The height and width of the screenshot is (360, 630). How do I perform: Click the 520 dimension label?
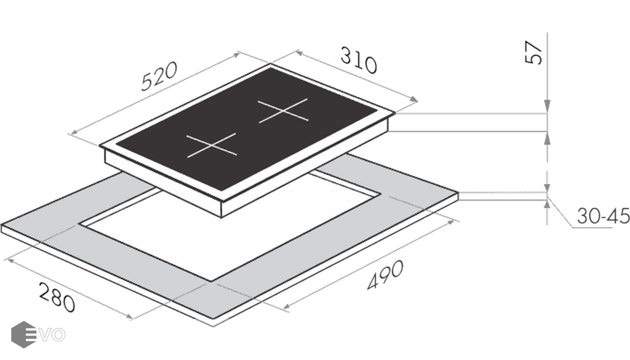159,76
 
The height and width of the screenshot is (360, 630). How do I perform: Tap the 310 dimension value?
359,60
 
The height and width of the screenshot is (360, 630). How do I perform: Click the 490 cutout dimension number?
385,275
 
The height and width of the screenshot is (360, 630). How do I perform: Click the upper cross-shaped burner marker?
283,110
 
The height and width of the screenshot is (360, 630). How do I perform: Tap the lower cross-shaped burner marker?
212,144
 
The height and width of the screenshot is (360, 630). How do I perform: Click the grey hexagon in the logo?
24,334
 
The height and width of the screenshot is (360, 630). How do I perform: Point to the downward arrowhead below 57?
547,106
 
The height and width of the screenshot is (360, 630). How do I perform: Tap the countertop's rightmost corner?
459,193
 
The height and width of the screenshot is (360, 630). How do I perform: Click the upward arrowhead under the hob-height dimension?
547,138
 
